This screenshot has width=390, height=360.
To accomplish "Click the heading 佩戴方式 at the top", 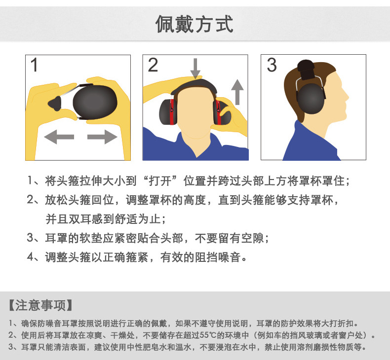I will [x=195, y=23].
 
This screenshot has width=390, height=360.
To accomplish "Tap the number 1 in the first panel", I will [x=35, y=66].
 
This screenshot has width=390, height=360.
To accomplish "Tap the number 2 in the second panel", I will [x=153, y=65].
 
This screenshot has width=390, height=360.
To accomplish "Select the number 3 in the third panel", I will [x=272, y=65].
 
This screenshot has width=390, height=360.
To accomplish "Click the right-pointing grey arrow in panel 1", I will [x=101, y=137].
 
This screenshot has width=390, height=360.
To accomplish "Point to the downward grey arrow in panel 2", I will [x=195, y=68].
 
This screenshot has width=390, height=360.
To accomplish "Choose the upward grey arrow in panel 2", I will [x=238, y=91].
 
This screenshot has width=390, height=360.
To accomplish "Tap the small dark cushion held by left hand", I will [x=54, y=102].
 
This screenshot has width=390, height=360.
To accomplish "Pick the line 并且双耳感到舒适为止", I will [x=106, y=219].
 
